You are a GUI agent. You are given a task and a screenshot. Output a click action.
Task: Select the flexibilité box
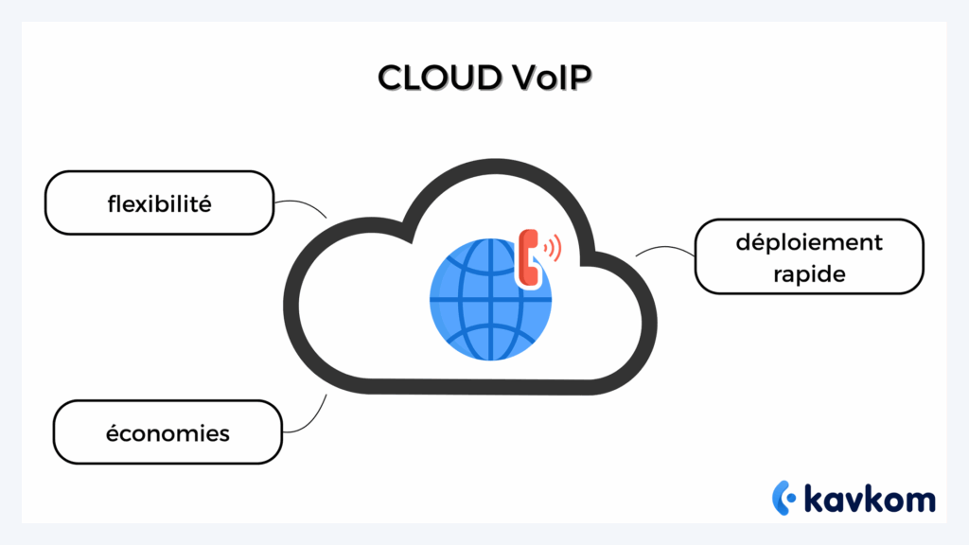[159, 202]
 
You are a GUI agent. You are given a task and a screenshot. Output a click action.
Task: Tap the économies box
[167, 432]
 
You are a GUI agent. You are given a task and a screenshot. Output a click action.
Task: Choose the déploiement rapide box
[809, 256]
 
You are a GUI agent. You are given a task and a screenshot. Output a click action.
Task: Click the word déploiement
[809, 242]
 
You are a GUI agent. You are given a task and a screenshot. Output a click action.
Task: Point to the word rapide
[809, 273]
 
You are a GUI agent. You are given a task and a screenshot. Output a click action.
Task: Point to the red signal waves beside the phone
[553, 249]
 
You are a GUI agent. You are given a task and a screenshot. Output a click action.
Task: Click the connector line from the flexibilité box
[301, 204]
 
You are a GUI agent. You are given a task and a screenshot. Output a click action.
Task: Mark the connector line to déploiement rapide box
[665, 251]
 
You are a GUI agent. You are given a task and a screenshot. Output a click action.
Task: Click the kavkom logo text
[868, 498]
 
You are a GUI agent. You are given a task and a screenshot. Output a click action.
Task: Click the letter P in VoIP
[580, 78]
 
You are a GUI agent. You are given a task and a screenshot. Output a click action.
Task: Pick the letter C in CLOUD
[390, 78]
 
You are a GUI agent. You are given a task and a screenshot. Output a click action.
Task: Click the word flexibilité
[159, 202]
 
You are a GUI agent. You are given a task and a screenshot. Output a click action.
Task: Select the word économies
[167, 433]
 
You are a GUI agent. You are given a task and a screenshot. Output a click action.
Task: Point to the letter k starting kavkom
[814, 498]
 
